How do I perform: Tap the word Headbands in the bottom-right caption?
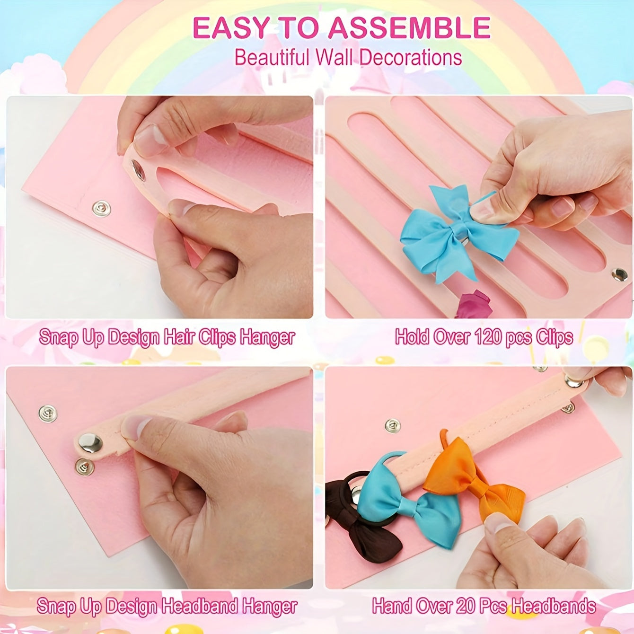point(554,606)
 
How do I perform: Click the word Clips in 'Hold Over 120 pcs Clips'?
point(554,337)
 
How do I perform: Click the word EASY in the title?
point(230,27)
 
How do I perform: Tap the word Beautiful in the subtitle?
point(272,58)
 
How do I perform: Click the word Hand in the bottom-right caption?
point(391,606)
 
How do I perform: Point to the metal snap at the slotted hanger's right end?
point(618,274)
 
